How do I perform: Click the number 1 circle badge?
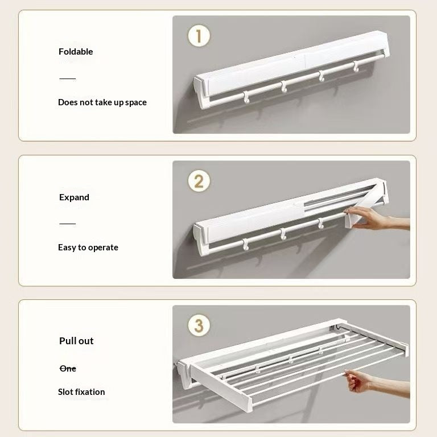click(x=199, y=36)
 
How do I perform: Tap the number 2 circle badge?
click(x=199, y=181)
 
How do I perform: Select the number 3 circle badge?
click(x=199, y=325)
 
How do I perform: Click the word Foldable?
click(x=76, y=52)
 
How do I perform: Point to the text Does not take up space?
click(x=102, y=102)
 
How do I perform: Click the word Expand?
click(x=74, y=197)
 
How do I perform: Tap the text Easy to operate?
click(x=88, y=248)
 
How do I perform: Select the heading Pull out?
click(x=76, y=341)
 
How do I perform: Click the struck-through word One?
click(x=68, y=369)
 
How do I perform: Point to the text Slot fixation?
click(x=81, y=392)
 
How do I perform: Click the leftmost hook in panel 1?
click(x=246, y=97)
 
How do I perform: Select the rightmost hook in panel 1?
click(x=356, y=67)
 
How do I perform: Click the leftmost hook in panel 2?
click(x=246, y=245)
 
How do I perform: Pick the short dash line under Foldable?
click(x=68, y=79)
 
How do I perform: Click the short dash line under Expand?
click(x=68, y=224)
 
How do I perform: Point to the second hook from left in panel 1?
click(x=284, y=86)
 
